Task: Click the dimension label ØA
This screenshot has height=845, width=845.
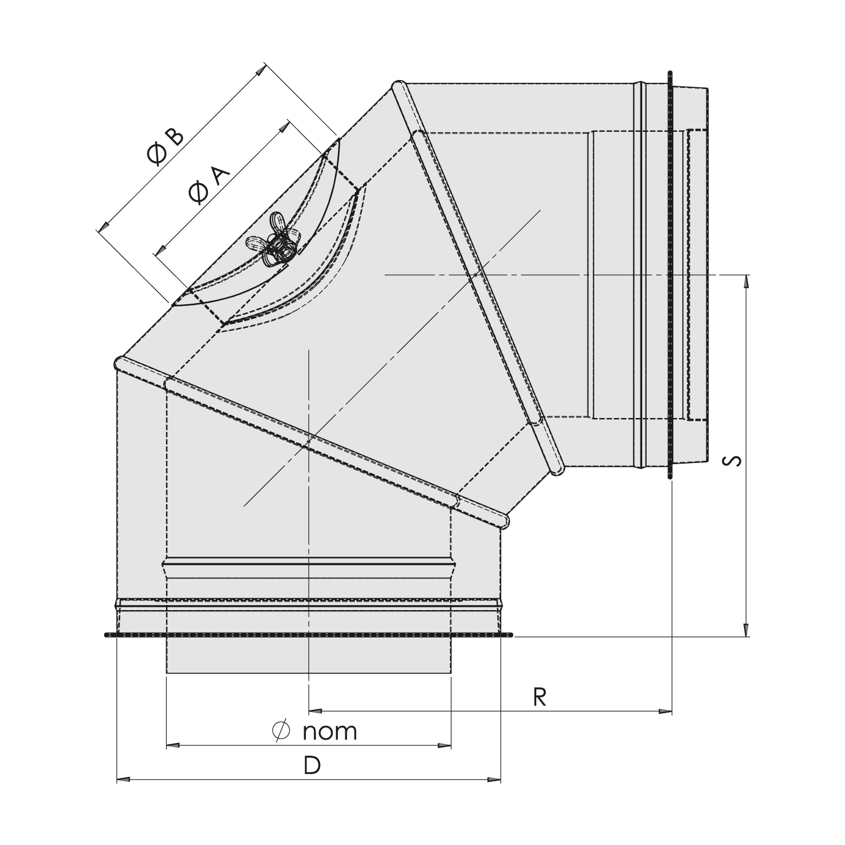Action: click(210, 185)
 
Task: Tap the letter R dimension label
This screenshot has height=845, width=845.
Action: click(539, 697)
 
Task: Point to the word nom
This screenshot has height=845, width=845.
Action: click(330, 732)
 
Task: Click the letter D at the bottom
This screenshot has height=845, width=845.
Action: click(312, 766)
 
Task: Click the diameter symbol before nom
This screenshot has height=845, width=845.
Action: click(280, 731)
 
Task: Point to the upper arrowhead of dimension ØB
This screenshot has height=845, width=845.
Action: click(260, 70)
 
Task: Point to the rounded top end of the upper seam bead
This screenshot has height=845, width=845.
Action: click(398, 86)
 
